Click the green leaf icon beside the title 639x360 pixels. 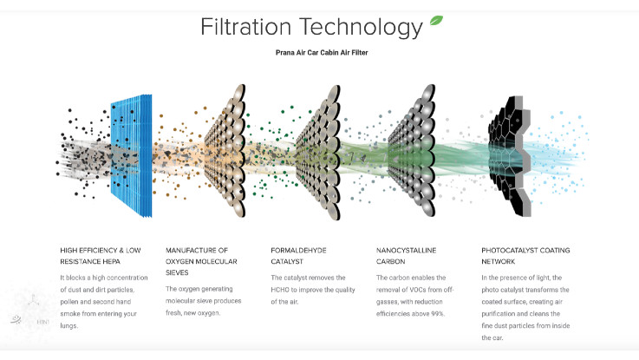[x=436, y=20]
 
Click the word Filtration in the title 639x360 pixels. [x=245, y=27]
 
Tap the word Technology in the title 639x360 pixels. [x=361, y=28]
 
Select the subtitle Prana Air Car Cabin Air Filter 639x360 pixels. [x=322, y=53]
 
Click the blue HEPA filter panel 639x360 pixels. [x=132, y=156]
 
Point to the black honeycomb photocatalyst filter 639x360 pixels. [x=510, y=156]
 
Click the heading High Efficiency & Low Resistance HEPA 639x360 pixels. [x=101, y=256]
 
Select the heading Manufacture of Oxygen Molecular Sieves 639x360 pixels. [x=201, y=261]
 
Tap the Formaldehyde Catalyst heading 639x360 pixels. [x=299, y=256]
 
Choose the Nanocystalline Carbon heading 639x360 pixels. [x=406, y=256]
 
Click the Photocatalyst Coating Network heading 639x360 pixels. [x=525, y=256]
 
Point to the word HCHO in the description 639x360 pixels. [x=280, y=290]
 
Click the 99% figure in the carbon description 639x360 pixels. [x=437, y=314]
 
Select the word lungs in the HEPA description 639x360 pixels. [x=68, y=326]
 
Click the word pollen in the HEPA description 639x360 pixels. [x=69, y=302]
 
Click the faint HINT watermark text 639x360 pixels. [x=42, y=322]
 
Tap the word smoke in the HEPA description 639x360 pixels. [x=70, y=314]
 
